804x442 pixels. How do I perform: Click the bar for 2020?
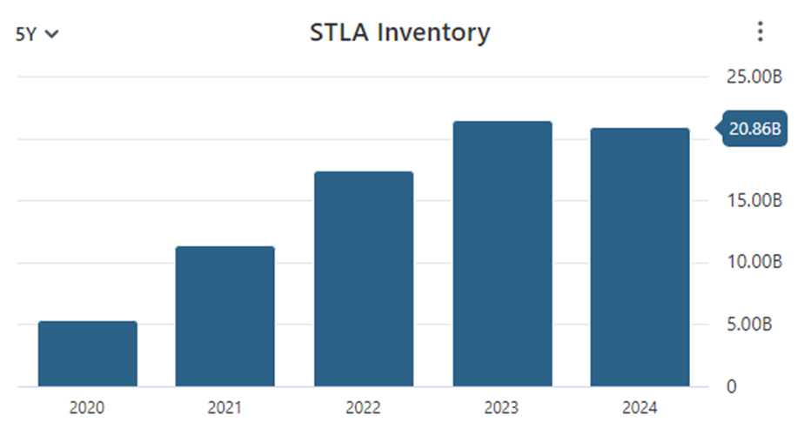88,353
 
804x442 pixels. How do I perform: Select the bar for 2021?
224,316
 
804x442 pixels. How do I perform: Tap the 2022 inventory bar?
364,278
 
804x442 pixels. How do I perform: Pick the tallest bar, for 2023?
502,253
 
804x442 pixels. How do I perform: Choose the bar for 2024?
640,257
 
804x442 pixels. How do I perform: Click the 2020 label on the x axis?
88,408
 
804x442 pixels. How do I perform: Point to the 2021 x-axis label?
224,408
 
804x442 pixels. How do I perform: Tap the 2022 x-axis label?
364,408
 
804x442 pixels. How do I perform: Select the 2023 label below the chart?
502,408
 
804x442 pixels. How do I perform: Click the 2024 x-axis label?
640,408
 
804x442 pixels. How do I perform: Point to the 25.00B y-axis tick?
754,77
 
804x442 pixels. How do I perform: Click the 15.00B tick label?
754,201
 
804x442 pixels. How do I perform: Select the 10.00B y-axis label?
754,263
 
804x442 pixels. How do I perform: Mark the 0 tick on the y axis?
731,386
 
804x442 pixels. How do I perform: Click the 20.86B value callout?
753,130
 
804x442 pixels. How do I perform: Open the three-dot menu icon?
760,33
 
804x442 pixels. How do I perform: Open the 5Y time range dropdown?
37,35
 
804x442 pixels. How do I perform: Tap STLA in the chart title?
338,33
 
